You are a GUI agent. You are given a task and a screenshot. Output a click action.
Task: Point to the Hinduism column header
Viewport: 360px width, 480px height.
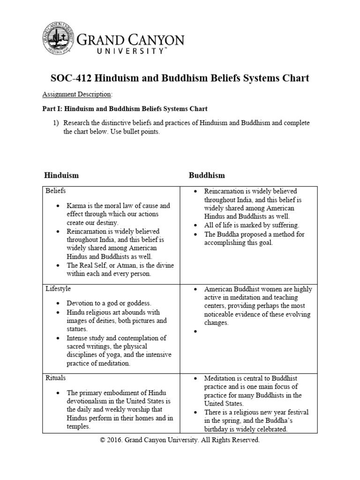coord(61,175)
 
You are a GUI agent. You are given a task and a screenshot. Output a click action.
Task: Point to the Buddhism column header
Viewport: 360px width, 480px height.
coord(207,175)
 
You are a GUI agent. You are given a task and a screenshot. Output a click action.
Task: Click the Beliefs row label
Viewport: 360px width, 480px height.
coord(56,191)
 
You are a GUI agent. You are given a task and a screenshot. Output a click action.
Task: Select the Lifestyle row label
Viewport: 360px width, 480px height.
coord(58,289)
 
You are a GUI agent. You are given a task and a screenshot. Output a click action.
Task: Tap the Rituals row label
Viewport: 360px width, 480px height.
coord(56,377)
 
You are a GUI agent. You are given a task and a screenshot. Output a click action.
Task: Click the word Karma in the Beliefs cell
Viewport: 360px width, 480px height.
coord(76,206)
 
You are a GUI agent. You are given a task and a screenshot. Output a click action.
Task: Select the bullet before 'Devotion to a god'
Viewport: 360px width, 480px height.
coord(57,304)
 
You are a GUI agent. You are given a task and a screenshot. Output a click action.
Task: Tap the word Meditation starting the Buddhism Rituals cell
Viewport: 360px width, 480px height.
coord(220,378)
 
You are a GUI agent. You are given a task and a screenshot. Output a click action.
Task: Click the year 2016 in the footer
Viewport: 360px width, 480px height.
coord(116,441)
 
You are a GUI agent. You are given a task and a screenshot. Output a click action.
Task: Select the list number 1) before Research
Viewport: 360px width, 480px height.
coord(56,123)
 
